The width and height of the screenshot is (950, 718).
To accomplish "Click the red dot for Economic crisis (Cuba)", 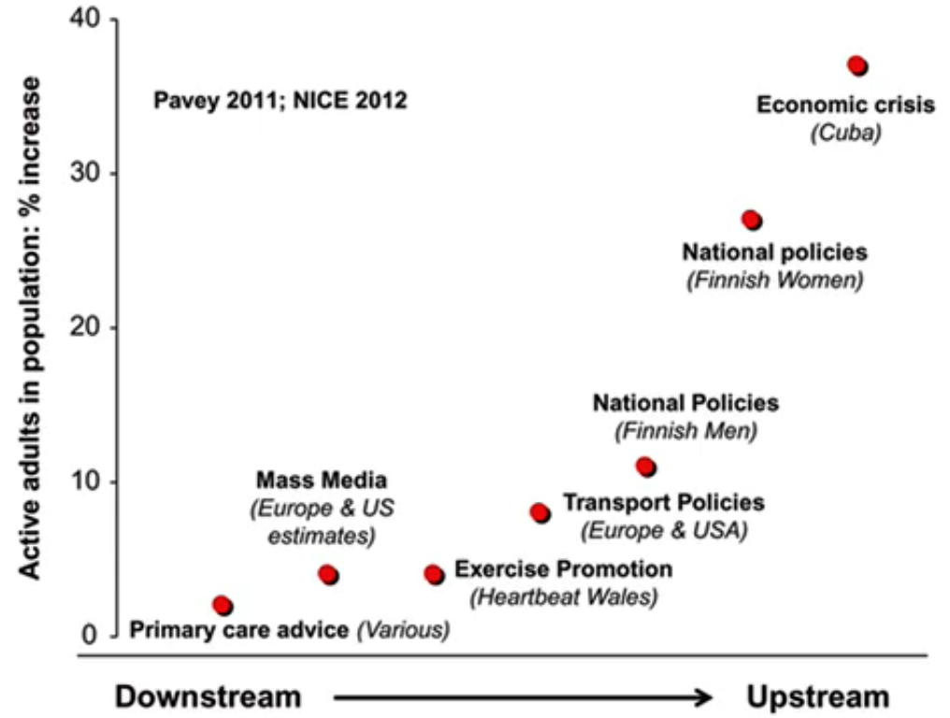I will click(857, 65).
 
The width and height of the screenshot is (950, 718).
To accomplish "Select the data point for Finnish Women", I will click(751, 220).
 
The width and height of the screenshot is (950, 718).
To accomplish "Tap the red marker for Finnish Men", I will click(644, 466).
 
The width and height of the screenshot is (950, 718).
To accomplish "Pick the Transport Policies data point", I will click(540, 512).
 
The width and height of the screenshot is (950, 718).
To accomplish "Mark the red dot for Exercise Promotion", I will click(434, 574).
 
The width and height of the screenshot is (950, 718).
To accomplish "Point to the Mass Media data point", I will click(327, 574).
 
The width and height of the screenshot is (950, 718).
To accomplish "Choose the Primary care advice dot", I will click(222, 605).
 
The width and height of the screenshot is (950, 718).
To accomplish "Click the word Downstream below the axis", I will click(209, 696).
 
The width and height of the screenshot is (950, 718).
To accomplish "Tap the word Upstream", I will click(817, 696).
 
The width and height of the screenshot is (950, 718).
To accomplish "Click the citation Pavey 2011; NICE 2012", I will click(280, 100).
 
